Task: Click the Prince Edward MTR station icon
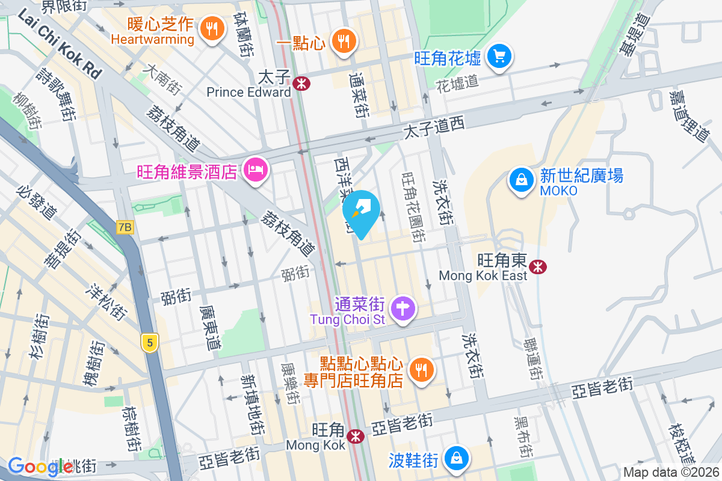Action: click(x=302, y=84)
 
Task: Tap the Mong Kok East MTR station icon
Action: click(x=538, y=265)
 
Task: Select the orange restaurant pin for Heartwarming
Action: click(x=211, y=28)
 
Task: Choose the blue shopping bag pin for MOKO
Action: click(x=520, y=179)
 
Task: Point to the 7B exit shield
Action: click(x=125, y=227)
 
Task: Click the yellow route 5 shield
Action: click(x=150, y=343)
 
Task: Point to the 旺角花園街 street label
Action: click(x=413, y=207)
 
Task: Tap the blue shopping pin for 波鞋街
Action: click(x=457, y=458)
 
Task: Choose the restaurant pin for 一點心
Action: click(x=344, y=41)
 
